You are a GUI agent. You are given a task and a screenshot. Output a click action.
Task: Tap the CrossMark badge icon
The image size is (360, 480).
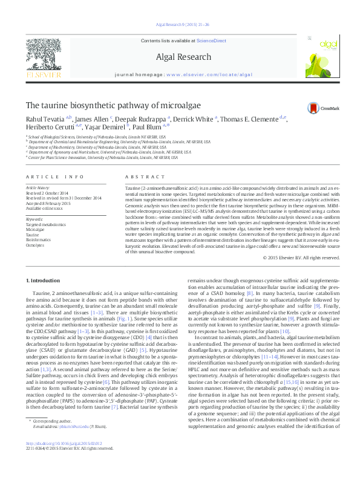pyautogui.click(x=315, y=108)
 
